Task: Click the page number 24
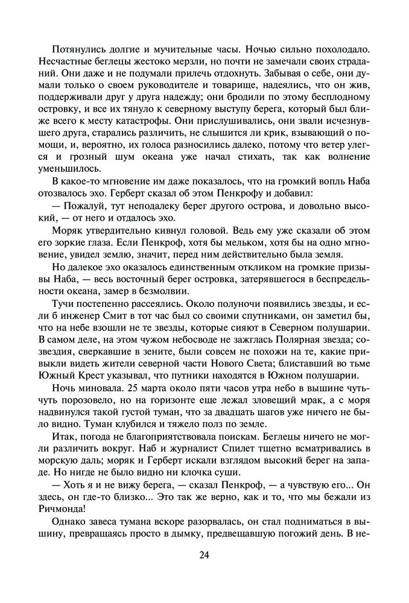click(204, 555)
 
